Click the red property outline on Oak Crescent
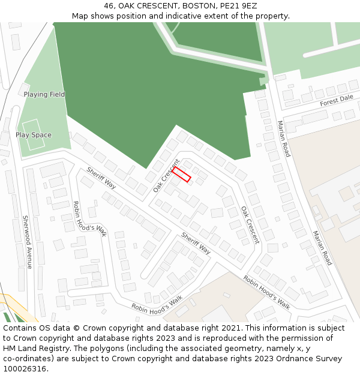click(181, 175)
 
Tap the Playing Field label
click(44, 95)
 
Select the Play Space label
click(34, 135)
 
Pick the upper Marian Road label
click(283, 139)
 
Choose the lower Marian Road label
click(322, 248)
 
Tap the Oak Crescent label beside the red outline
click(166, 176)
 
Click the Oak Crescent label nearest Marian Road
click(250, 225)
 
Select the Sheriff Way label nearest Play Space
click(101, 178)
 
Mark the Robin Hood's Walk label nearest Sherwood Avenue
click(89, 218)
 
